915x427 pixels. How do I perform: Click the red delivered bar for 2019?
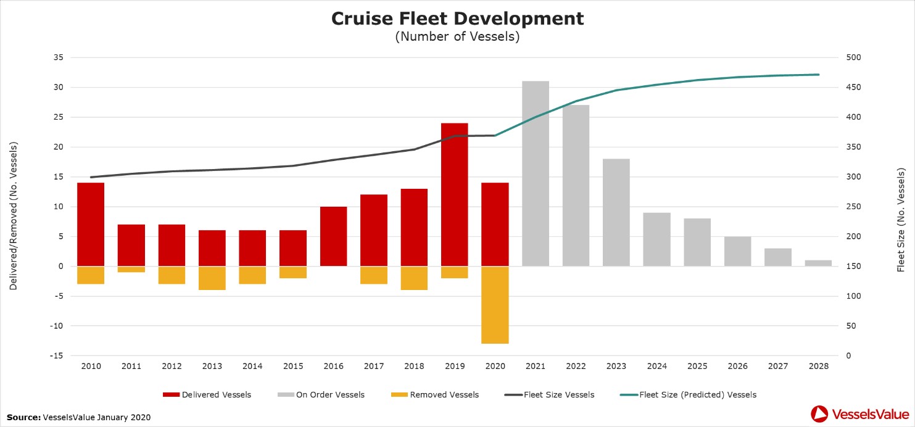454,194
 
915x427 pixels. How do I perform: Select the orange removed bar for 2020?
495,305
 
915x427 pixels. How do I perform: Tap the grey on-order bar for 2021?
536,173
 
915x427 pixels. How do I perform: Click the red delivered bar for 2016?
333,236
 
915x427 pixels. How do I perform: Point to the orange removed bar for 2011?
131,269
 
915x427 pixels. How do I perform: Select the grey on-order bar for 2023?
616,212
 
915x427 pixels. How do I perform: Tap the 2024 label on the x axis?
656,367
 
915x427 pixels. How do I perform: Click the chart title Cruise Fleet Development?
457,19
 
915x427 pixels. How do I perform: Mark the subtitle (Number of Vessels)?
457,36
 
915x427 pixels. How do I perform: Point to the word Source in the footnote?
23,418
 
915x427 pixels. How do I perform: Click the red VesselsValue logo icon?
819,414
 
